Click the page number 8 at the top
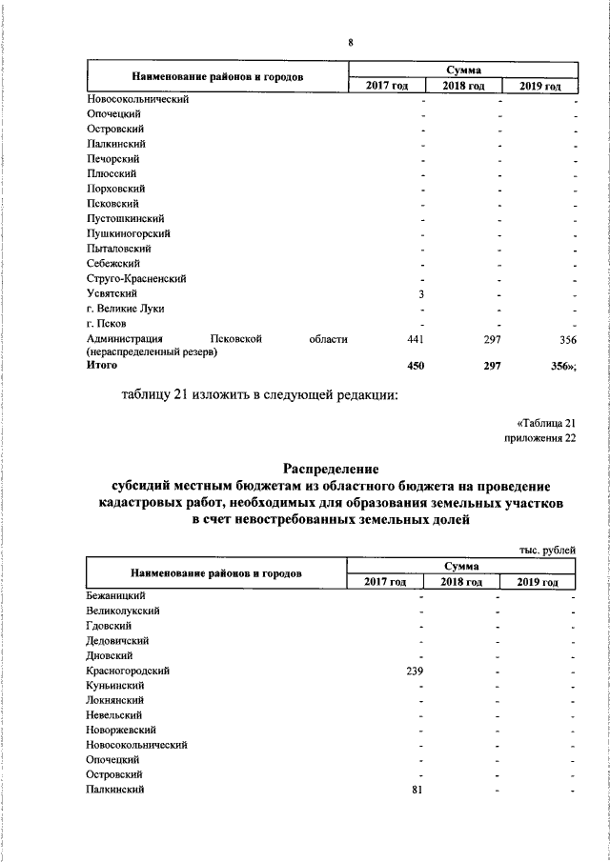coord(351,43)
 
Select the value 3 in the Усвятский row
coord(420,294)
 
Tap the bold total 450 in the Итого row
coord(415,365)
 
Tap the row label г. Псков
coord(106,325)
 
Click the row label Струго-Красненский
coord(135,279)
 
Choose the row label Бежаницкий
coord(114,595)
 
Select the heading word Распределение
coord(331,468)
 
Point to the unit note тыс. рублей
coord(547,550)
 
